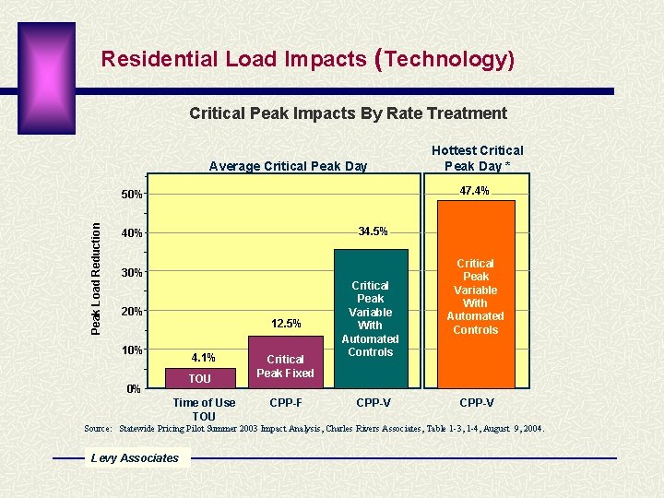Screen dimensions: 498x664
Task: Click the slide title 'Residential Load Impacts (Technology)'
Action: click(x=307, y=60)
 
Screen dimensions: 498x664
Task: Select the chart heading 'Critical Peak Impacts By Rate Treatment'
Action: click(x=348, y=113)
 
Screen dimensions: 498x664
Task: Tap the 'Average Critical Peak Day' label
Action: click(x=288, y=167)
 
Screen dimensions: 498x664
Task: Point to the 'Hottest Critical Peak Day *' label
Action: click(x=477, y=158)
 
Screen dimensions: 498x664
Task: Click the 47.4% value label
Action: click(x=474, y=191)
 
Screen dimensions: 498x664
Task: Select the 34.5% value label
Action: click(x=372, y=231)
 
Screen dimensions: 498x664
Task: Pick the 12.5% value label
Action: click(x=286, y=324)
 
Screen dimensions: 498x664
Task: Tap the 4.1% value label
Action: click(x=203, y=358)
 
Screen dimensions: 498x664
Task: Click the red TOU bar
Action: click(x=199, y=378)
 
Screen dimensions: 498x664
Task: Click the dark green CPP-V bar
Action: click(x=370, y=318)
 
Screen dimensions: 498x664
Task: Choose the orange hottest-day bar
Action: click(x=475, y=295)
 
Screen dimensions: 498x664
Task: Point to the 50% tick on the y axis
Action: click(x=132, y=195)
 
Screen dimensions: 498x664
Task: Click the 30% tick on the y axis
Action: click(x=132, y=273)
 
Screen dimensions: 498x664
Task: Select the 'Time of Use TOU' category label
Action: click(x=204, y=409)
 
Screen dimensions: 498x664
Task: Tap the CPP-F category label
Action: click(x=285, y=403)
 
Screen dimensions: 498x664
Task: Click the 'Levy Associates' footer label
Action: click(x=135, y=458)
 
